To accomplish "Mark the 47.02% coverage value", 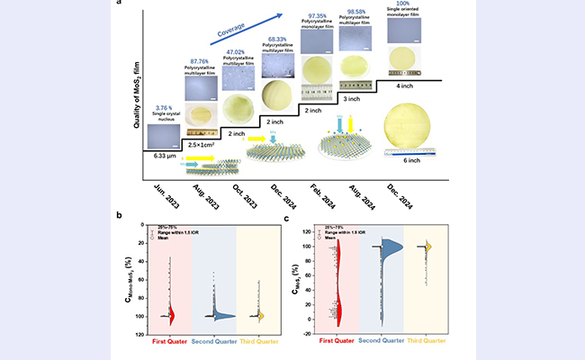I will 238,52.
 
